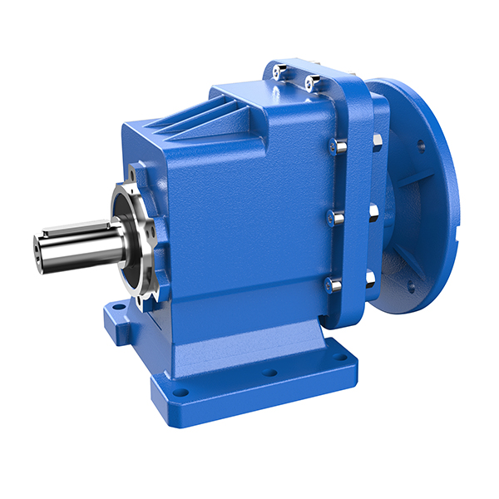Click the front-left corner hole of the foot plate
[x=178, y=390]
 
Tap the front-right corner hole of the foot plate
[x=339, y=358]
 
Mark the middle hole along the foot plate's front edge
[x=269, y=372]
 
